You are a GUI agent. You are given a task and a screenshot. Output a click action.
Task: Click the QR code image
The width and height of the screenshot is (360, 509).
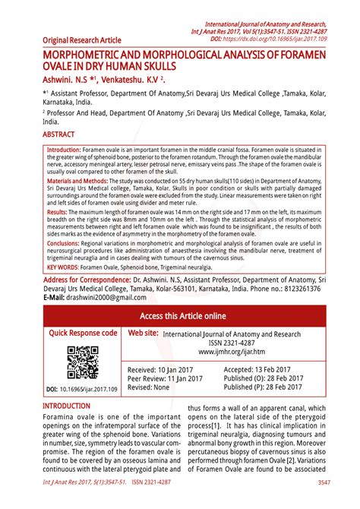tap(82, 362)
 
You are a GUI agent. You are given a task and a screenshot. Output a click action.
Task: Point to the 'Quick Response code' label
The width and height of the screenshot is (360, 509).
tap(84, 333)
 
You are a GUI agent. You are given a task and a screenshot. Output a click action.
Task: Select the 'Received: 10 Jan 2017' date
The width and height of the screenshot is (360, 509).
tap(164, 368)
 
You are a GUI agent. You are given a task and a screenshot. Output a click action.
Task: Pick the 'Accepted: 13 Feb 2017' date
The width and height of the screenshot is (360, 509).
tap(258, 368)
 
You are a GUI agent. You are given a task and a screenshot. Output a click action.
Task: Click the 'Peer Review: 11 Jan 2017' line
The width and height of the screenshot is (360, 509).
tap(169, 378)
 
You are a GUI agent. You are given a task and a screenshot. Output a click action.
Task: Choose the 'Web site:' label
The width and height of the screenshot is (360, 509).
tap(143, 333)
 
